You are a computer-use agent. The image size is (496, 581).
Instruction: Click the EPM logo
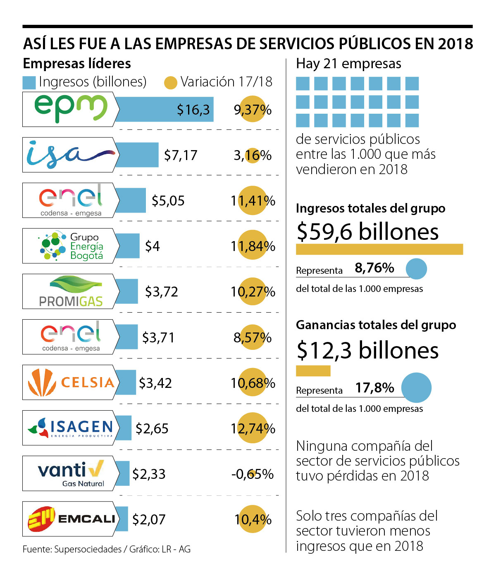click(70, 109)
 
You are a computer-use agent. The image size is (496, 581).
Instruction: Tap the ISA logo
click(70, 155)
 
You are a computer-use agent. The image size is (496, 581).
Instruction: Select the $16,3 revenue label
click(193, 110)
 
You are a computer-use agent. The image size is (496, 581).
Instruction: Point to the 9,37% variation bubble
click(253, 110)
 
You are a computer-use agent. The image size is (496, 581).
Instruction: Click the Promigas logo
click(70, 291)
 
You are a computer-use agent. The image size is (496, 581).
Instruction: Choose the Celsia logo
click(70, 382)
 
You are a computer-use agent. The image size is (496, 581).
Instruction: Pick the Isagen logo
click(70, 428)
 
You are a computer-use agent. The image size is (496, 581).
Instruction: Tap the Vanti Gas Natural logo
click(70, 473)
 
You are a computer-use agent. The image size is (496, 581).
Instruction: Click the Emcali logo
click(70, 519)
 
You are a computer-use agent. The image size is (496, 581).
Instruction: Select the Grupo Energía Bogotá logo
click(70, 246)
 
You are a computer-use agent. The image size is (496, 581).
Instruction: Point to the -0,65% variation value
click(252, 474)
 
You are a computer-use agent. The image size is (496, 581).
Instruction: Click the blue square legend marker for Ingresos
click(29, 82)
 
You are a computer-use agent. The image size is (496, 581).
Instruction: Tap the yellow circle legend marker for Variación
click(170, 83)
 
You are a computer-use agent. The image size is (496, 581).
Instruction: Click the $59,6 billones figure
click(367, 231)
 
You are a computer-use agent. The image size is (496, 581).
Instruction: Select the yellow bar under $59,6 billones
click(379, 249)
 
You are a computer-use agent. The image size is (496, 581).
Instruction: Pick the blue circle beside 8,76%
click(416, 268)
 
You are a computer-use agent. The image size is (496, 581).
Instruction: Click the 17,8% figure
click(374, 387)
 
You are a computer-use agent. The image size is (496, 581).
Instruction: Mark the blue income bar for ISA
click(136, 155)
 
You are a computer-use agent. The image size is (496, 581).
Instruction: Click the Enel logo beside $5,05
click(70, 200)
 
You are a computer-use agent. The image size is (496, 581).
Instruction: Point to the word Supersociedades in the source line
click(88, 549)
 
